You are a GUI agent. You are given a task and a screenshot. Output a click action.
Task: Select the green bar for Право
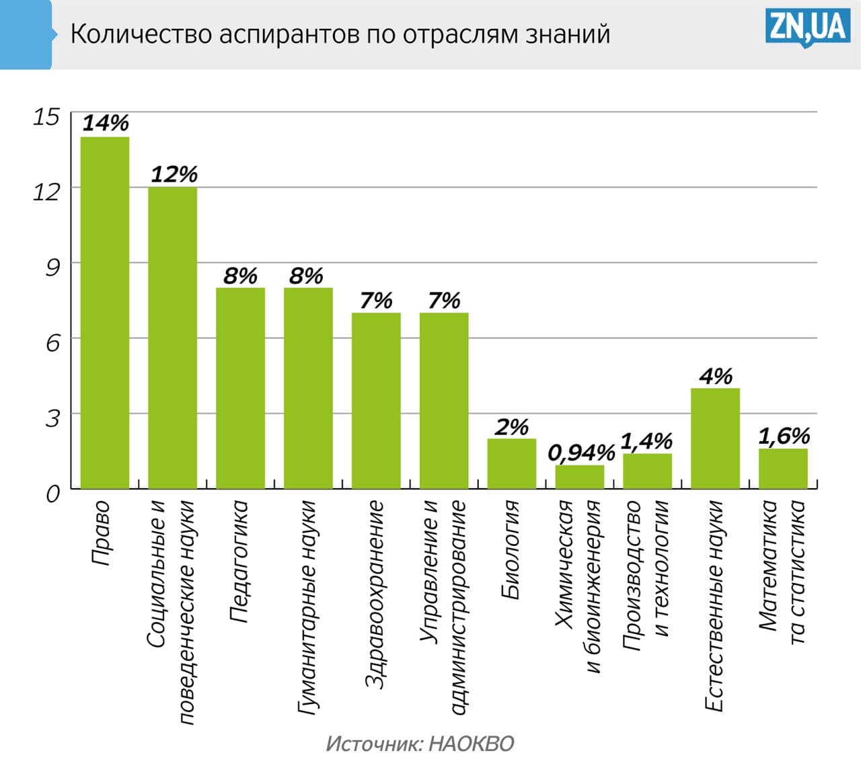point(105,313)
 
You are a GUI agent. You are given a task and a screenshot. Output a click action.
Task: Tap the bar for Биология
point(512,463)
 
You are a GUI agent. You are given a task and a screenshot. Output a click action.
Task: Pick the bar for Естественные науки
point(715,438)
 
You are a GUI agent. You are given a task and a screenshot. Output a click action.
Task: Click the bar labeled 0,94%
point(580,477)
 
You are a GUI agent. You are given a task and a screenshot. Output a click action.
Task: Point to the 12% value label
point(174,175)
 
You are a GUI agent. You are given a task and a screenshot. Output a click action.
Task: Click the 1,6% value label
point(784,436)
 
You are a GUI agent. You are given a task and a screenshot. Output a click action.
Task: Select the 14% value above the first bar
point(106,123)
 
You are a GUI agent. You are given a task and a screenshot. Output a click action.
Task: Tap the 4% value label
point(715,376)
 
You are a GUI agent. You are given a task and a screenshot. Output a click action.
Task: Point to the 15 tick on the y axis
point(46,116)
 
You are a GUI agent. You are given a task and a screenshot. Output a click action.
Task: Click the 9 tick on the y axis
point(52,267)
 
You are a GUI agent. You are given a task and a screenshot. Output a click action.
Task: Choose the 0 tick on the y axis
point(52,494)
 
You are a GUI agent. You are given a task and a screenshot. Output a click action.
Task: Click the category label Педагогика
point(239,561)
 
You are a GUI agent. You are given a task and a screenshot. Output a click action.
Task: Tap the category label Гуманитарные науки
point(307,605)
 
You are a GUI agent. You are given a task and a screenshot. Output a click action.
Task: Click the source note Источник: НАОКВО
point(420,744)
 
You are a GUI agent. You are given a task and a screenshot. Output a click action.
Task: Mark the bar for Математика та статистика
point(783,468)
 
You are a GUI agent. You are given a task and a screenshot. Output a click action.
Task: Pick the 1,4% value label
point(646,441)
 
